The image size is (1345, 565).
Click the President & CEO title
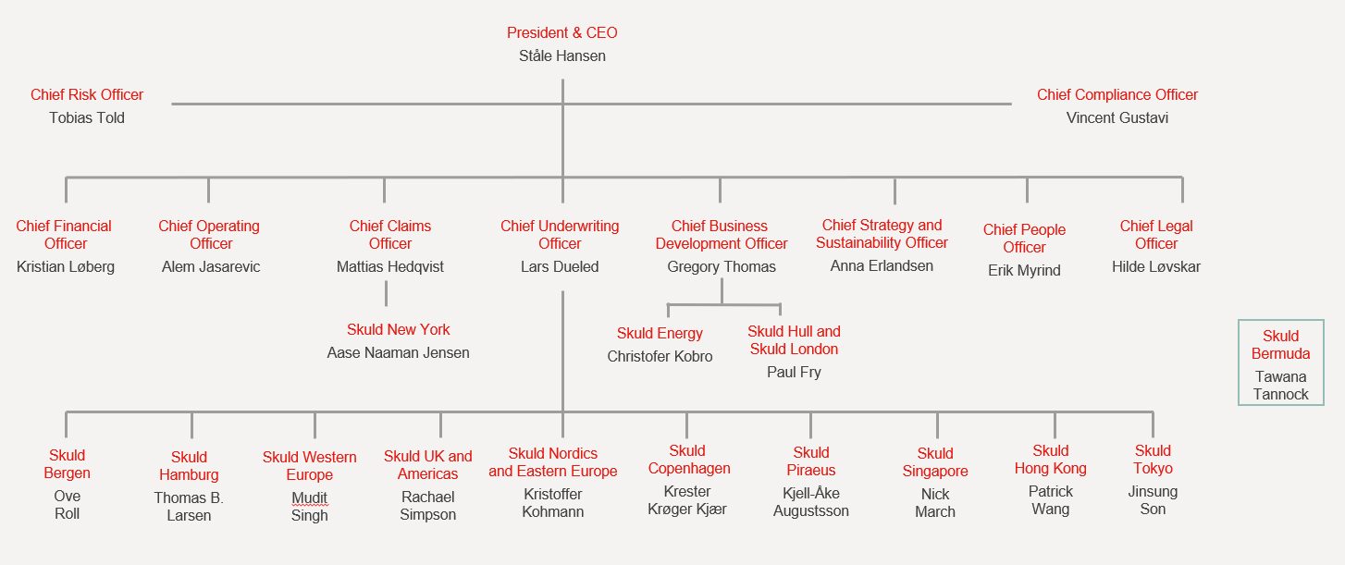pyautogui.click(x=561, y=33)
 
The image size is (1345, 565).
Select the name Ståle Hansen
pyautogui.click(x=561, y=55)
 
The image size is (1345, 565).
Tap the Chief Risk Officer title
pyautogui.click(x=87, y=94)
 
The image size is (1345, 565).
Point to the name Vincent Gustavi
pyautogui.click(x=1117, y=117)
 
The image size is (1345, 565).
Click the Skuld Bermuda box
pyautogui.click(x=1280, y=362)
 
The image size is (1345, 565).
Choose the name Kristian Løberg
pyautogui.click(x=66, y=266)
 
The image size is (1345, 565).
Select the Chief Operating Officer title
pyautogui.click(x=209, y=235)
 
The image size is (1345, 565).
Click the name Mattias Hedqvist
pyautogui.click(x=389, y=266)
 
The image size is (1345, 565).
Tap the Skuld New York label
pyautogui.click(x=398, y=329)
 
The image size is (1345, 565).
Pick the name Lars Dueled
pyautogui.click(x=560, y=266)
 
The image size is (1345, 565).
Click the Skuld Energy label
pyautogui.click(x=660, y=333)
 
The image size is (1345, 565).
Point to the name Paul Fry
pyautogui.click(x=794, y=372)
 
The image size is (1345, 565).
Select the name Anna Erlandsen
pyautogui.click(x=882, y=265)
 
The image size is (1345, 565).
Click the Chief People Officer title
pyautogui.click(x=1024, y=239)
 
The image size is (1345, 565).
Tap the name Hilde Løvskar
pyautogui.click(x=1156, y=266)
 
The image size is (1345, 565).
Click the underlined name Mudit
pyautogui.click(x=309, y=497)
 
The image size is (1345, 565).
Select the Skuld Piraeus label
pyautogui.click(x=811, y=461)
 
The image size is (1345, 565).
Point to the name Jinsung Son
pyautogui.click(x=1153, y=500)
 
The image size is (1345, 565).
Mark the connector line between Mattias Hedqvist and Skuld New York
pyautogui.click(x=386, y=294)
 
